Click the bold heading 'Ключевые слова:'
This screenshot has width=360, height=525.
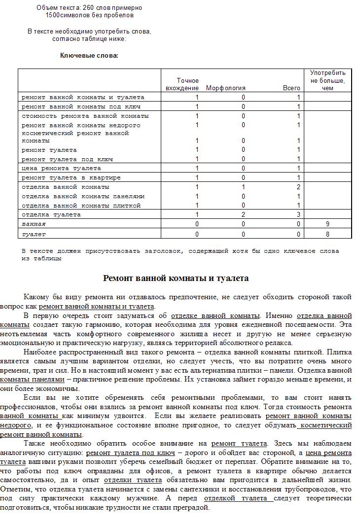[x=89, y=55]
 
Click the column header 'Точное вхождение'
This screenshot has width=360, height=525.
[x=187, y=84]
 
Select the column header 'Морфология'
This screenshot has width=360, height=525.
[x=225, y=88]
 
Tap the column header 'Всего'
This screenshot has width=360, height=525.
[x=291, y=88]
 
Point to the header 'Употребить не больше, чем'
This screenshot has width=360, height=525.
[x=328, y=80]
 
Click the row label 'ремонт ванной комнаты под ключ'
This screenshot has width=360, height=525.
[x=81, y=106]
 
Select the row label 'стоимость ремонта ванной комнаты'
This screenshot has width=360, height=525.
[x=85, y=116]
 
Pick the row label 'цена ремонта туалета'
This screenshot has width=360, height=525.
[x=61, y=168]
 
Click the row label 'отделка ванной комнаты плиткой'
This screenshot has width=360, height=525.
[x=81, y=206]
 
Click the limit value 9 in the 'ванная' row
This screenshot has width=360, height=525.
[x=327, y=224]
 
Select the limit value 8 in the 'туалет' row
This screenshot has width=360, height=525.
[x=327, y=234]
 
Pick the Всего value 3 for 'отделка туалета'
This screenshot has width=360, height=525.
[x=298, y=214]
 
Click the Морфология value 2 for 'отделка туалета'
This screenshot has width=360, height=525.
[x=243, y=214]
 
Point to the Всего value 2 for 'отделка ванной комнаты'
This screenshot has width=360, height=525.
[x=298, y=187]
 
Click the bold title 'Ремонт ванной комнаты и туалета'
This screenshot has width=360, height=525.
[x=176, y=279]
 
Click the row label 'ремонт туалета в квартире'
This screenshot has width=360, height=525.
[x=71, y=177]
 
